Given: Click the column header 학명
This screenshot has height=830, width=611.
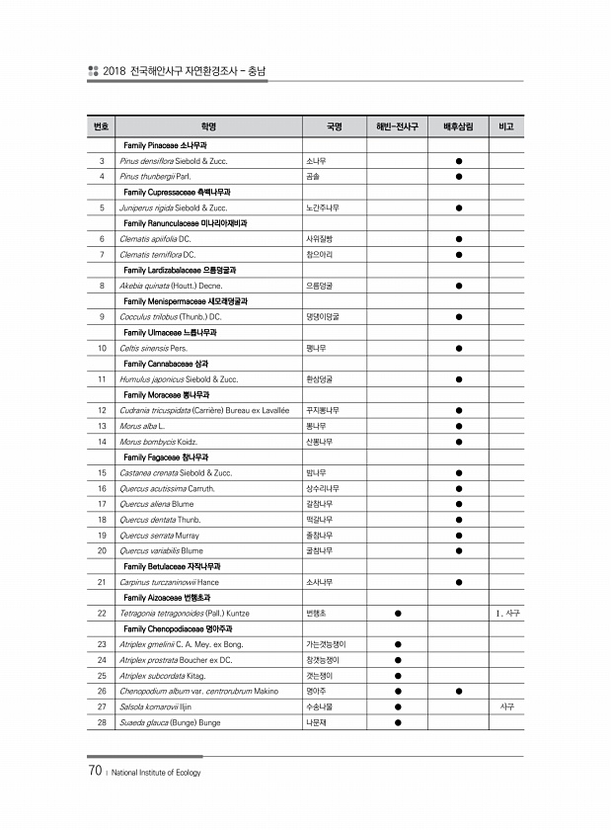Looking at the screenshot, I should click(x=207, y=126).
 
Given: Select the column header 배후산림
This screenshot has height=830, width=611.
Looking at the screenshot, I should click(x=459, y=126).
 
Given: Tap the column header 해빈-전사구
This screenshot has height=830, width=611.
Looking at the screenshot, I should click(x=397, y=126).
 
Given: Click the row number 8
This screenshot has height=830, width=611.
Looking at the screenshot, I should click(x=103, y=286).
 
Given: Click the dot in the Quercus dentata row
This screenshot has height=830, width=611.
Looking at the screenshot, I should click(x=459, y=520).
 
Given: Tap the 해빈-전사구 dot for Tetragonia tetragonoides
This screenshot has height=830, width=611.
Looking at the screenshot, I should click(x=397, y=614).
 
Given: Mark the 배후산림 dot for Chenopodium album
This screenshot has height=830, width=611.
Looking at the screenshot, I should click(x=459, y=692).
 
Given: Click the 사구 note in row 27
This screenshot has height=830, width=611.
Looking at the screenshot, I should click(x=505, y=707).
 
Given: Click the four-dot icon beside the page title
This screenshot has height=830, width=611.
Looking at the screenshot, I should click(x=93, y=71).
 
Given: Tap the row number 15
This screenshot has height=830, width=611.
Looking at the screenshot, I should click(x=103, y=473).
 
